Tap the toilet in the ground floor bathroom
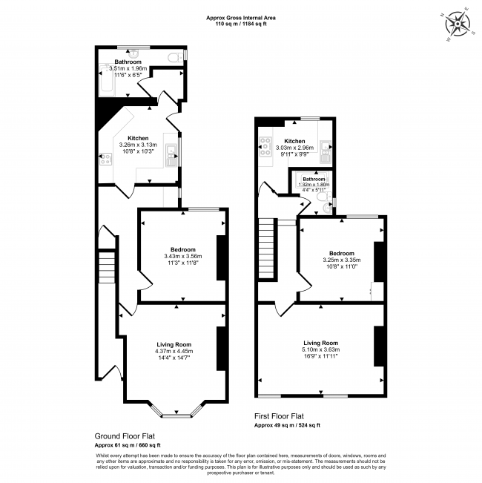[x=174, y=57]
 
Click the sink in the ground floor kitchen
[x=171, y=154]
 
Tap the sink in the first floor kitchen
[x=324, y=152]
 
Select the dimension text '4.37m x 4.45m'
[x=174, y=352]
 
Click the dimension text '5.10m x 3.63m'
[x=320, y=349]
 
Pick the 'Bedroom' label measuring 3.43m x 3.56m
[x=182, y=249]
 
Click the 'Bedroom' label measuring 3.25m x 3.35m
[x=342, y=253]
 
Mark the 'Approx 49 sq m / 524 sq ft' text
[x=288, y=426]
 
